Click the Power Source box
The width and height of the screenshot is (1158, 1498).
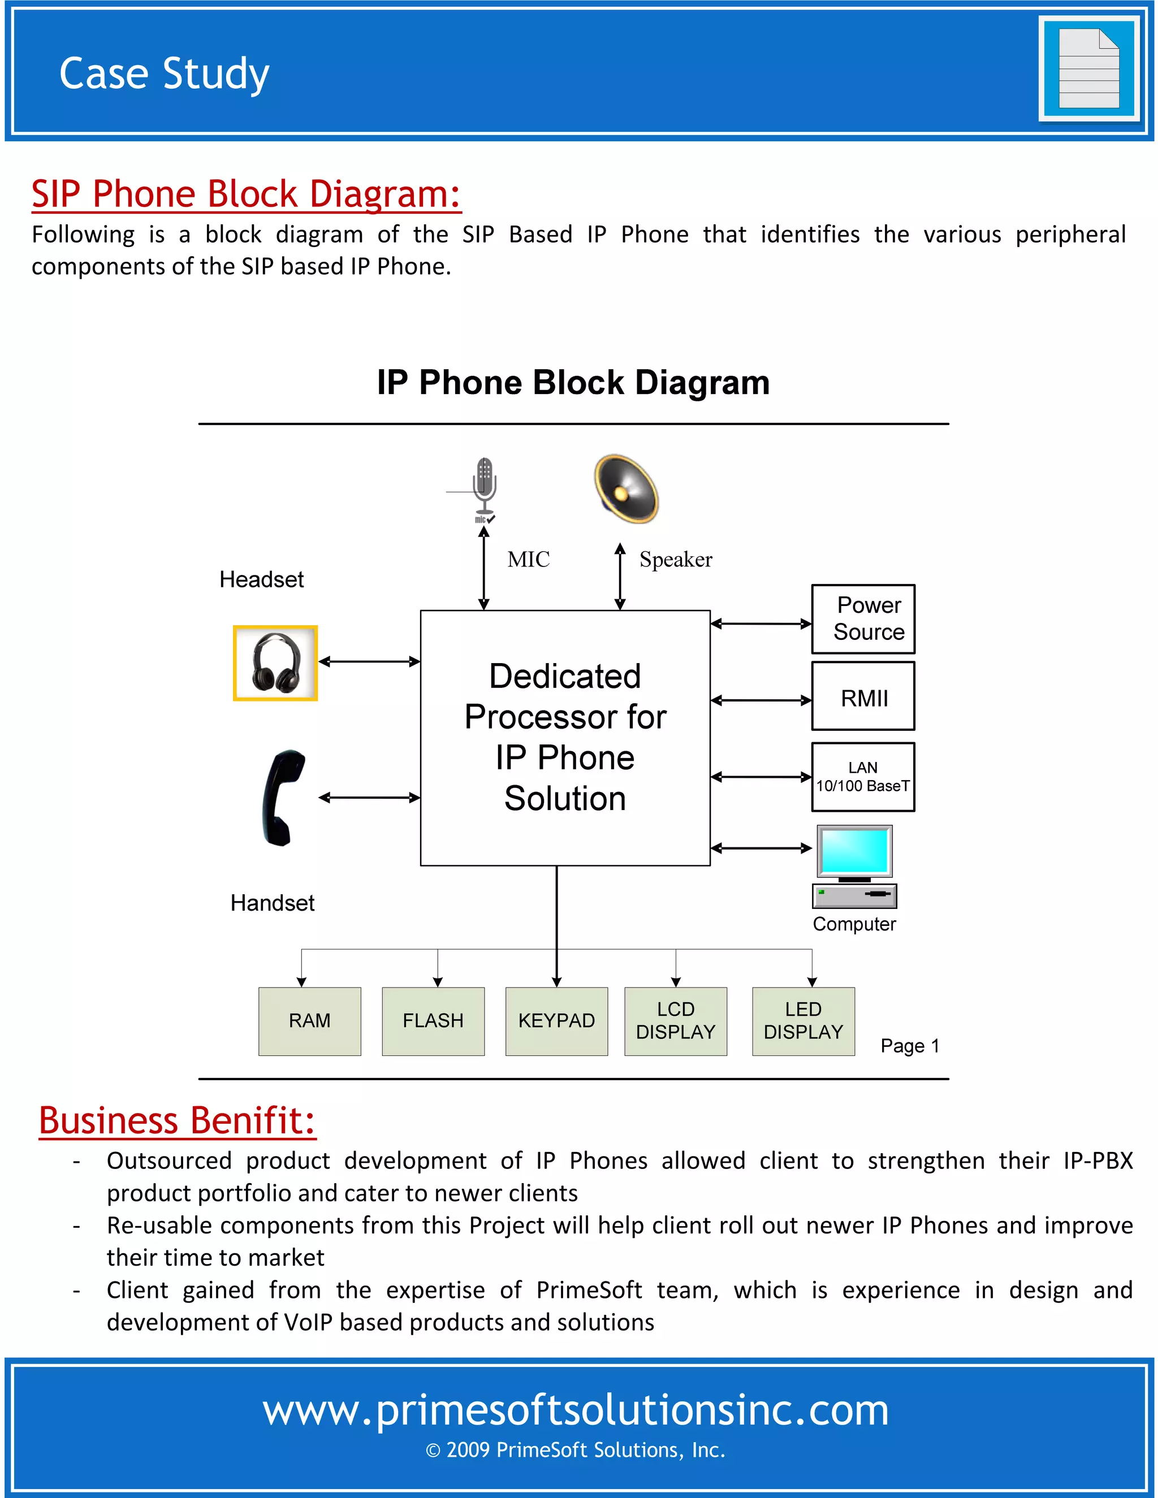(x=863, y=618)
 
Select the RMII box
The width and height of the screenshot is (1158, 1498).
(x=863, y=696)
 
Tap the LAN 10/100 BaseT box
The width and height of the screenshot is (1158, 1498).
(x=863, y=777)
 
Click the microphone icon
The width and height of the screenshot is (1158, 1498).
(x=485, y=487)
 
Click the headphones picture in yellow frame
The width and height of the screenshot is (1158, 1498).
(x=275, y=663)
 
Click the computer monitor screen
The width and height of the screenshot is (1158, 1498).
(x=854, y=851)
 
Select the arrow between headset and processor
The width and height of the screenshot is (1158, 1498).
(x=369, y=661)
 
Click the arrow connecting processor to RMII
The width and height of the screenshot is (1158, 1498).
(x=761, y=700)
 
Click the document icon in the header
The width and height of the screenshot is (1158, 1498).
(x=1088, y=68)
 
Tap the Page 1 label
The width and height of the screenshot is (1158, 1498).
(x=910, y=1046)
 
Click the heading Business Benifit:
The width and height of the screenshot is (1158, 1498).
(x=177, y=1121)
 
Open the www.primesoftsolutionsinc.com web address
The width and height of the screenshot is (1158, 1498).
(x=576, y=1410)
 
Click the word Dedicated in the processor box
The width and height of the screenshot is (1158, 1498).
(x=565, y=676)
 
